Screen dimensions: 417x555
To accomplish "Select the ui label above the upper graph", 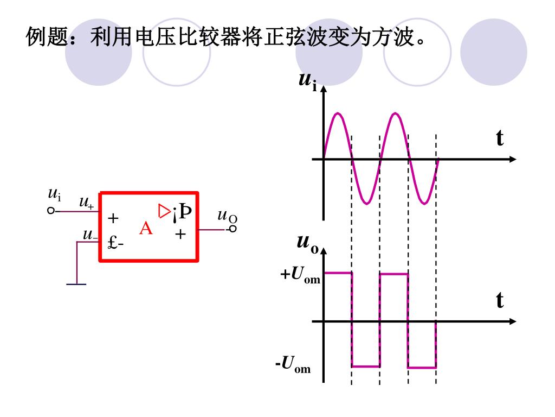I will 308,81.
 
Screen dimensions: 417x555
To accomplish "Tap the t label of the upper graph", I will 499,138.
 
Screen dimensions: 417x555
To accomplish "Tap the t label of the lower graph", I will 499,300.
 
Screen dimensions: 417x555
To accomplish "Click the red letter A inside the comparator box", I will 146,229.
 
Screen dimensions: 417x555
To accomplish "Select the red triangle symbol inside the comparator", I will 164,210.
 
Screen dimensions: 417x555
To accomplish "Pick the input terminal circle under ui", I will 51,211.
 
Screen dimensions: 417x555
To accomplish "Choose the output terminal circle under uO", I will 233,229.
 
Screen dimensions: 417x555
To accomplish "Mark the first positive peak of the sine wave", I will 338,113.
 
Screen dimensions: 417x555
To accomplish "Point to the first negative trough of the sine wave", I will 366,204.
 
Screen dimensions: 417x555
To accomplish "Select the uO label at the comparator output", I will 227,216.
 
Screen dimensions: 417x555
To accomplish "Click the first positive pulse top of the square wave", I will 338,273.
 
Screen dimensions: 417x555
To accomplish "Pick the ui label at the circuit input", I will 54,194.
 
